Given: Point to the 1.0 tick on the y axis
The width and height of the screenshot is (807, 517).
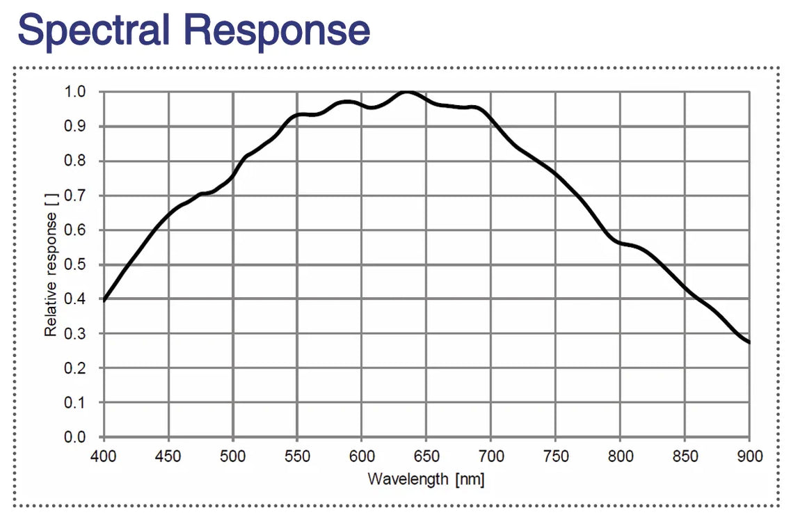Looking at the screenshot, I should (x=77, y=92).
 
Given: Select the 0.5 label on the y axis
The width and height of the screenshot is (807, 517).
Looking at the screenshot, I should (x=77, y=264).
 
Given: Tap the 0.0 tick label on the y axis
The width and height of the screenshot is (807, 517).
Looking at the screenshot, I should (x=77, y=437).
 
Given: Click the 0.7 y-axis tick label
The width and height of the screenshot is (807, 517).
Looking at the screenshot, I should (x=77, y=196).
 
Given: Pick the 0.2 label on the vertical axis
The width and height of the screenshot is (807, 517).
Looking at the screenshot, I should (x=77, y=368).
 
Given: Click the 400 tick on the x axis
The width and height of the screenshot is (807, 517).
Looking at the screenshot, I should (x=104, y=456).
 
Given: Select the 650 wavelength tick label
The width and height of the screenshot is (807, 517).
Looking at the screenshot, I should (x=426, y=456).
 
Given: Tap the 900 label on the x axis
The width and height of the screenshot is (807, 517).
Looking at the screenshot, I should (x=749, y=456).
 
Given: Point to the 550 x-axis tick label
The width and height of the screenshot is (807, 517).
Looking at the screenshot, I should (x=297, y=456).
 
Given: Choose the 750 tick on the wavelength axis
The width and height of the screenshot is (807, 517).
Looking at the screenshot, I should (x=555, y=456).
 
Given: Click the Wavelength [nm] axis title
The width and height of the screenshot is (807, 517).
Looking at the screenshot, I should (x=426, y=479).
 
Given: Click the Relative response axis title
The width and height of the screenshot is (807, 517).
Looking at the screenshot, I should (x=51, y=264).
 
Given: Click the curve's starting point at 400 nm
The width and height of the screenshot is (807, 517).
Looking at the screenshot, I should (x=104, y=301).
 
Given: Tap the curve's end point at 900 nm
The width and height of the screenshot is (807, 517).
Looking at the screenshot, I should (x=749, y=342).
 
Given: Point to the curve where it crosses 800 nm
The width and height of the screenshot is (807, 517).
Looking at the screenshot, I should (x=620, y=243).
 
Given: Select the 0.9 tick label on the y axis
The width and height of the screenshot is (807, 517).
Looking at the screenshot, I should (x=77, y=127).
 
